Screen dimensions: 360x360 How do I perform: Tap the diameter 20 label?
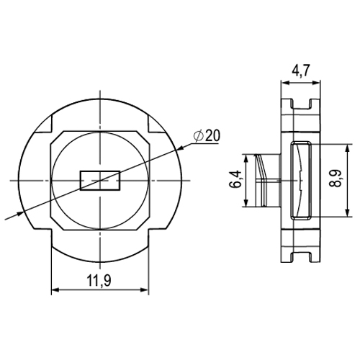pyautogui.click(x=207, y=136)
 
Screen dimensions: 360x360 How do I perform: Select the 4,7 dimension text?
pyautogui.click(x=301, y=71)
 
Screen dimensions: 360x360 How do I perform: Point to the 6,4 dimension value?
pyautogui.click(x=235, y=179)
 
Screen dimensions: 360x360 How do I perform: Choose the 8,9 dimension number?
pyautogui.click(x=336, y=179)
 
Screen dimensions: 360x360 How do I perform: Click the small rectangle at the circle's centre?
pyautogui.click(x=100, y=181)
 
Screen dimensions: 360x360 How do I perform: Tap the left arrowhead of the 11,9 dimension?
pyautogui.click(x=55, y=290)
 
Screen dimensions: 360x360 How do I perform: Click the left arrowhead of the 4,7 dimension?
pyautogui.click(x=285, y=83)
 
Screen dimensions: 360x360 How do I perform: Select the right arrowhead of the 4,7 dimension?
pyautogui.click(x=316, y=83)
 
